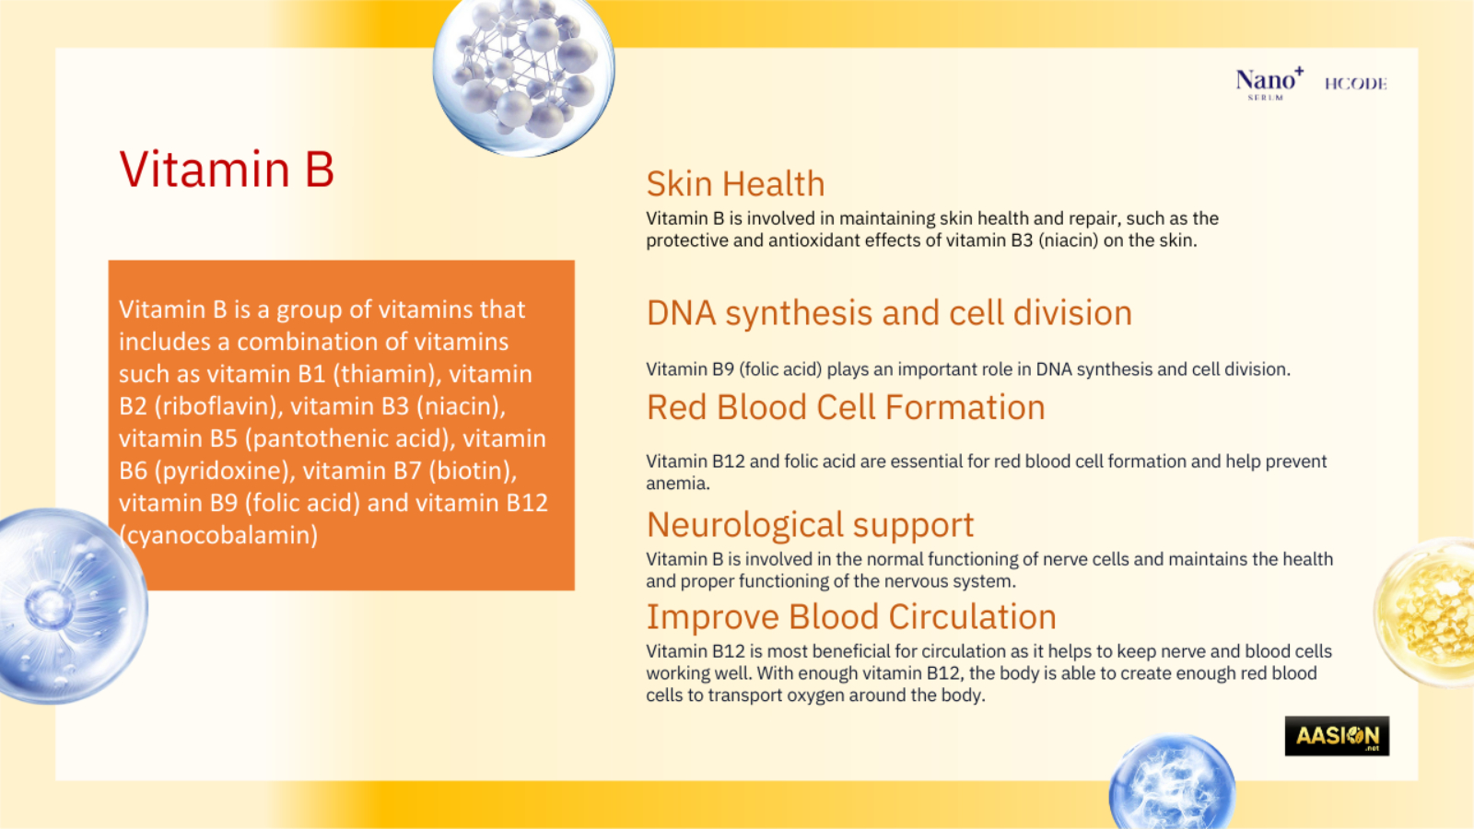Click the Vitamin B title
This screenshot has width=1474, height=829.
coord(227,169)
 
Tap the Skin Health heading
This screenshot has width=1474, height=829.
coord(735,183)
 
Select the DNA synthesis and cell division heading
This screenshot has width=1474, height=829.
coord(889,313)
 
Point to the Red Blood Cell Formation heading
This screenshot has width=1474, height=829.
coord(846,407)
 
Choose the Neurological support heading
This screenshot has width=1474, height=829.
coord(810,526)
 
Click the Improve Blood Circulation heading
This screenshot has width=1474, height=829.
coord(851,617)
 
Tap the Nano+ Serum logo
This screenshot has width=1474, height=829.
coord(1269,84)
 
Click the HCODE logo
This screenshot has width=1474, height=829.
coord(1355,84)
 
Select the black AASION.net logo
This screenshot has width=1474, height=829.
coord(1337,736)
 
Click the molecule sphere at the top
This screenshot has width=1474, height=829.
coord(524,74)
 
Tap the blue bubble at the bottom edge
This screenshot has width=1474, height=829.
coord(1172,783)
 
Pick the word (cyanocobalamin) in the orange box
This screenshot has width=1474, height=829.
coord(218,535)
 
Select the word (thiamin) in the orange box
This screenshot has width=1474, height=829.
coord(387,374)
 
